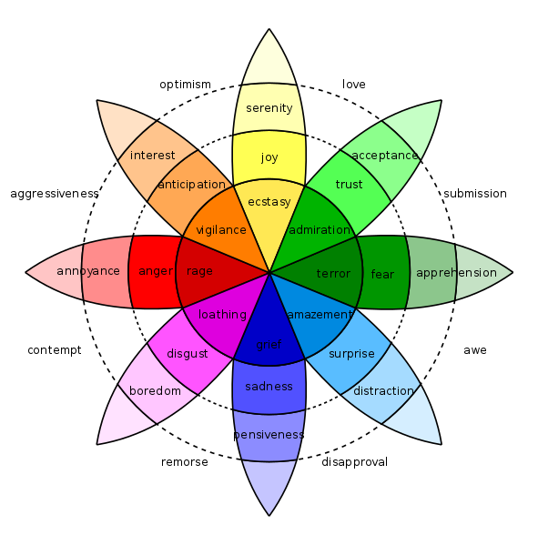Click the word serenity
[x=269, y=108]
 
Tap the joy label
[x=269, y=157]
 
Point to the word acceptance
[x=384, y=156]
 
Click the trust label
[x=349, y=185]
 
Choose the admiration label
[x=320, y=229]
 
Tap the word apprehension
[x=456, y=273]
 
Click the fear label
[x=382, y=274]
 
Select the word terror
[x=333, y=274]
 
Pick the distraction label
[x=383, y=391]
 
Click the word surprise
[x=351, y=354]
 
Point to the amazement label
[x=319, y=315]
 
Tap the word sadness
[x=269, y=387]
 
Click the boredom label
[x=155, y=391]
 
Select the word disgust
[x=187, y=354]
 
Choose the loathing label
[x=222, y=315]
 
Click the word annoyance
[x=88, y=271]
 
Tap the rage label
[x=199, y=271]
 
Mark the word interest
[x=153, y=156]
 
